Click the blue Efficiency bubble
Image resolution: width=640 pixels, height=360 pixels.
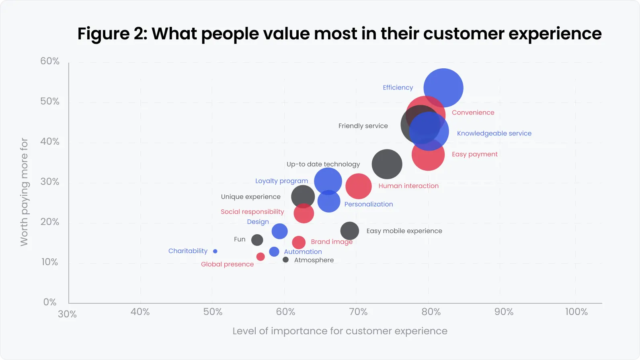[x=443, y=88]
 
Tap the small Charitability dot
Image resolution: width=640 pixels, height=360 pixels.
[x=215, y=251]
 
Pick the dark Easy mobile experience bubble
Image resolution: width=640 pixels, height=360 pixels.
[x=349, y=231]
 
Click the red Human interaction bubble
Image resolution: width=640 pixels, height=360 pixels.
[x=358, y=186]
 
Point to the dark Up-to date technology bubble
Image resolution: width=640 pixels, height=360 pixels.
[x=387, y=164]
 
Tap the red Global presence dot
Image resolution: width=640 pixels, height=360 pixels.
[x=261, y=257]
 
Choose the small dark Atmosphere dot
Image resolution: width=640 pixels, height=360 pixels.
[x=285, y=260]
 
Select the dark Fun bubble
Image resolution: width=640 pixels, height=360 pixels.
[x=257, y=240]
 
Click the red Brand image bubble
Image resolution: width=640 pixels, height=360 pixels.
[x=298, y=242]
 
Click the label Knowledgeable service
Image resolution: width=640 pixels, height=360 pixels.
[x=494, y=133]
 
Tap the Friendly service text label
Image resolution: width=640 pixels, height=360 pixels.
[x=363, y=126]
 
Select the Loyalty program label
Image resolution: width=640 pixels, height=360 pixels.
[x=281, y=181]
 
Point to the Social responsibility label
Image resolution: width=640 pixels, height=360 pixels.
[x=252, y=212]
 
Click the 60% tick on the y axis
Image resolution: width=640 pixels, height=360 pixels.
[x=50, y=61]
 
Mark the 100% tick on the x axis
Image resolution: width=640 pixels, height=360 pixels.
[x=576, y=312]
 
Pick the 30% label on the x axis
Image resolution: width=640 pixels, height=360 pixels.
[x=67, y=314]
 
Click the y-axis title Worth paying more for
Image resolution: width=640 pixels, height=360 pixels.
[x=24, y=192]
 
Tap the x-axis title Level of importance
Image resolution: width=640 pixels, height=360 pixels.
[x=340, y=331]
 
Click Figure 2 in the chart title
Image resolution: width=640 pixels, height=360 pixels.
[x=112, y=34]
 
